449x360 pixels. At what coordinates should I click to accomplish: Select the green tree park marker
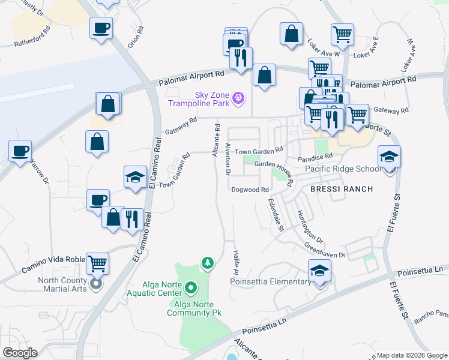tap(208, 263)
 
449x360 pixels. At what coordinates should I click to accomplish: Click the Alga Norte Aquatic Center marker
tap(191, 288)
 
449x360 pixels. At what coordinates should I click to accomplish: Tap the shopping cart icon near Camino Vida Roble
tap(97, 263)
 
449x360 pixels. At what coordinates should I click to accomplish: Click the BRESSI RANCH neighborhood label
tap(342, 189)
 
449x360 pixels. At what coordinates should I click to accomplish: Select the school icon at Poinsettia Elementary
tap(319, 271)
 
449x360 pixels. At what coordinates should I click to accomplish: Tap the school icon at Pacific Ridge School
tap(389, 157)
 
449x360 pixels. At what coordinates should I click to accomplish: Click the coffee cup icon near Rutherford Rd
tap(101, 27)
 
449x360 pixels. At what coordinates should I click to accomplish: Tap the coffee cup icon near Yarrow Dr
tap(20, 151)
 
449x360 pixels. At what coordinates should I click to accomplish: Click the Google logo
tap(20, 353)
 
